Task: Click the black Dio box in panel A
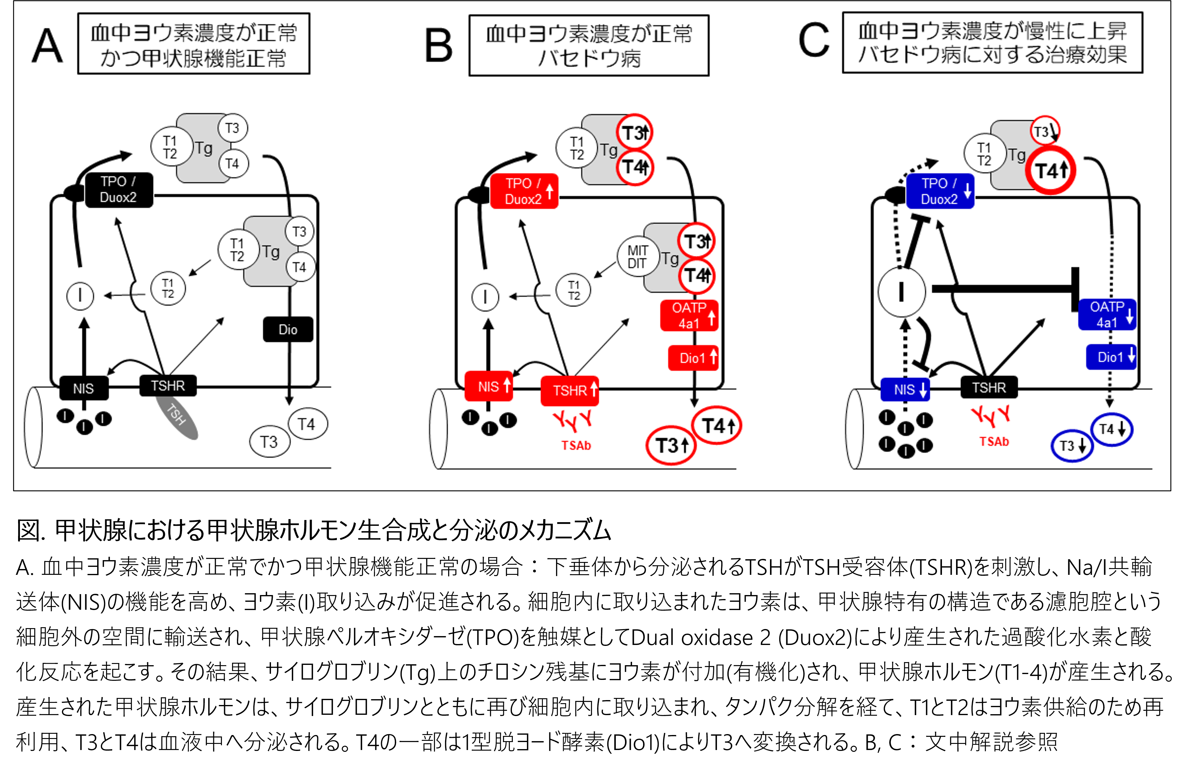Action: pyautogui.click(x=288, y=330)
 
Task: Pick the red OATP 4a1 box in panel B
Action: pyautogui.click(x=689, y=315)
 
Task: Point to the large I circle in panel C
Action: pyautogui.click(x=901, y=292)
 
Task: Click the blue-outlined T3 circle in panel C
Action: pyautogui.click(x=1072, y=446)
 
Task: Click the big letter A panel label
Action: pyautogui.click(x=48, y=46)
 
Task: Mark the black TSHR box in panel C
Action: pyautogui.click(x=989, y=387)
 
